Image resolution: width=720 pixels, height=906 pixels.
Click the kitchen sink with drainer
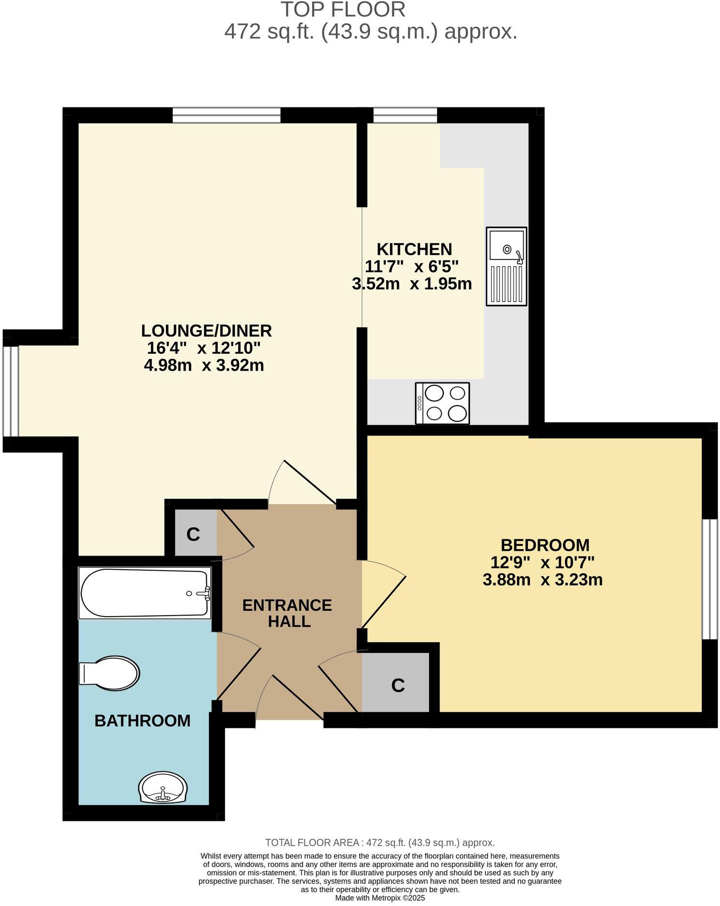[506, 266]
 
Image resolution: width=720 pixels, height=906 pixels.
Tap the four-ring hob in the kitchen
[442, 403]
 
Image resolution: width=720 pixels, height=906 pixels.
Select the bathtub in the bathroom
[145, 593]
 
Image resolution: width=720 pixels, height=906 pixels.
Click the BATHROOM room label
[142, 721]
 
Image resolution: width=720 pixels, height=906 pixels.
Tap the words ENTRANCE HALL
[287, 613]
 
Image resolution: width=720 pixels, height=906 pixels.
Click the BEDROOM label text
[545, 545]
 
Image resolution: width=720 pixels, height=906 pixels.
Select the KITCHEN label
[414, 249]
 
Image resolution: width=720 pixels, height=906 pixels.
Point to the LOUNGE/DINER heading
[206, 331]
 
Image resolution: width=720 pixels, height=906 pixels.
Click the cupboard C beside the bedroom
[397, 685]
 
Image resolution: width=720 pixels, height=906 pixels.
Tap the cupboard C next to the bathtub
[193, 534]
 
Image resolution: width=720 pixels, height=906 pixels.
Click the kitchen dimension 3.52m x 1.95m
[412, 284]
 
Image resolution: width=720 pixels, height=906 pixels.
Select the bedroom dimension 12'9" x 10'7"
[542, 562]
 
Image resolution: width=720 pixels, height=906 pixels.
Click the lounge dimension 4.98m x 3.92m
[204, 365]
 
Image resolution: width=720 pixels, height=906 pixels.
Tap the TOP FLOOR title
[343, 10]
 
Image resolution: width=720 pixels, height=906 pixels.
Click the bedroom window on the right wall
[710, 579]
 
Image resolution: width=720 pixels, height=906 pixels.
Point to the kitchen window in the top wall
[405, 115]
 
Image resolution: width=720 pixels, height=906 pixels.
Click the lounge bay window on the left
[11, 391]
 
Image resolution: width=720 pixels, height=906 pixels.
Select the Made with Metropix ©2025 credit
[380, 898]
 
